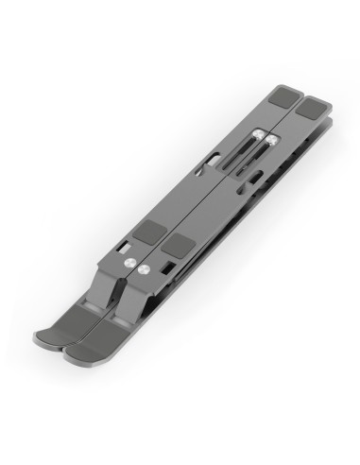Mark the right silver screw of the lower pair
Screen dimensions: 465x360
[x=143, y=267]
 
